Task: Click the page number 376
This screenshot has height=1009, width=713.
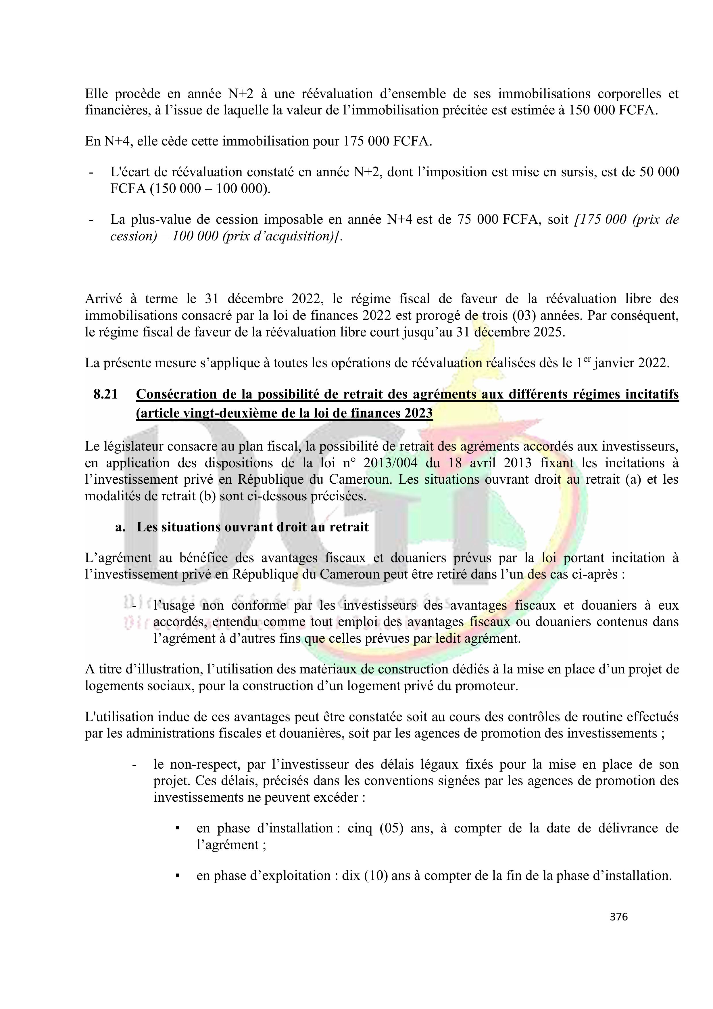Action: pos(618,917)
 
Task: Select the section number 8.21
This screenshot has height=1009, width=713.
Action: pos(105,394)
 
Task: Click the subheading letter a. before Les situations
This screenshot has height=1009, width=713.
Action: pos(120,526)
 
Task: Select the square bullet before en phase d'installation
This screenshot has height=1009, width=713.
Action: pos(178,828)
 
